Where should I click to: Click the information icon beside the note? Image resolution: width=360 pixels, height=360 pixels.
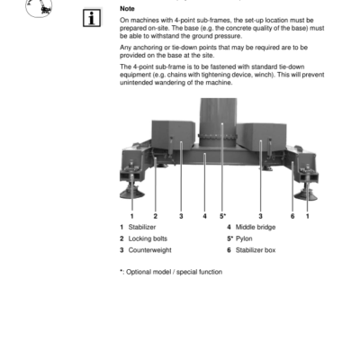click(x=91, y=18)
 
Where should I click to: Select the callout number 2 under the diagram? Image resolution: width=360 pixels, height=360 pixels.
click(x=155, y=216)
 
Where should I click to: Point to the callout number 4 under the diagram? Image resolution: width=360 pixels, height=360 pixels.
click(x=205, y=216)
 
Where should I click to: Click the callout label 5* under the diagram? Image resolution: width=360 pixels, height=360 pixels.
click(x=222, y=216)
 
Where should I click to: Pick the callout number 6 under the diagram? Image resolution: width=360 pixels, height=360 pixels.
click(x=292, y=216)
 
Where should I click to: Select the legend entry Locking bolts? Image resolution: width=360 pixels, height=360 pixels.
click(x=148, y=238)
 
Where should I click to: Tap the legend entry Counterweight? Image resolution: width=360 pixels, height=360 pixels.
click(x=149, y=250)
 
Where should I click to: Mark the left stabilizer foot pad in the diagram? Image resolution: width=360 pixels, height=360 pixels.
click(x=131, y=195)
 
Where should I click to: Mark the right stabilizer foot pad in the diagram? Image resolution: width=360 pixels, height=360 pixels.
click(x=310, y=195)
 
